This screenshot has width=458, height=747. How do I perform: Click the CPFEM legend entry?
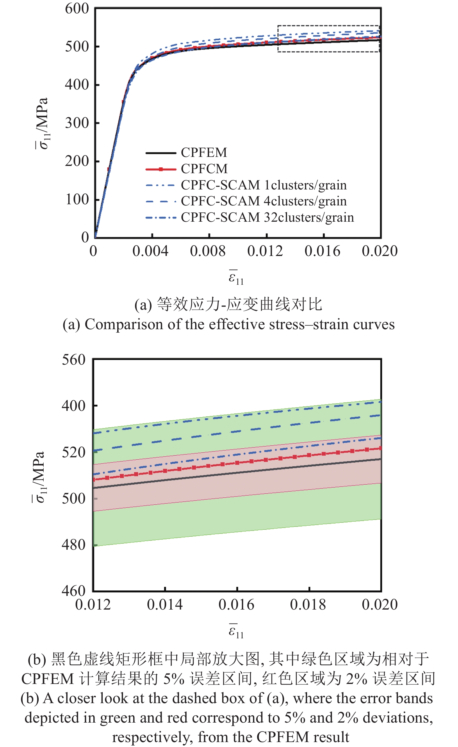[204, 153]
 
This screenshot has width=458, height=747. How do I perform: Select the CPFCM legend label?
[204, 169]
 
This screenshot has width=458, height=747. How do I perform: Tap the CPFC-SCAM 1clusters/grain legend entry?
[263, 185]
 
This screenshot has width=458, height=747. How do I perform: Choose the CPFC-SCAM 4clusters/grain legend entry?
[263, 201]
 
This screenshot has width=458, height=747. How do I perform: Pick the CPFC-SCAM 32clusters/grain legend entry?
[267, 217]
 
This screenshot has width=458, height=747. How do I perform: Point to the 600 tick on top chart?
[77, 8]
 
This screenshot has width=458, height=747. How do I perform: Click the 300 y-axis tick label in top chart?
[77, 123]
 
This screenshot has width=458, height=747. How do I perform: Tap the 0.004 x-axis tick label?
[150, 251]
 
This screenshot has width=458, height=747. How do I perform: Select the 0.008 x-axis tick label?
[208, 251]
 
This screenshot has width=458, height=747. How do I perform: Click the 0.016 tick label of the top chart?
[322, 251]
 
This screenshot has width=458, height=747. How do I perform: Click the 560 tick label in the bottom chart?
[74, 360]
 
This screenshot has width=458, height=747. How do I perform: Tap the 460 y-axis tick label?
[74, 591]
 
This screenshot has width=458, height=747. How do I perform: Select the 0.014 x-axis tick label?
[165, 605]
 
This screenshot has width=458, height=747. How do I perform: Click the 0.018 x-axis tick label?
[308, 605]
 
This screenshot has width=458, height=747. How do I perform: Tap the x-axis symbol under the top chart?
[236, 277]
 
